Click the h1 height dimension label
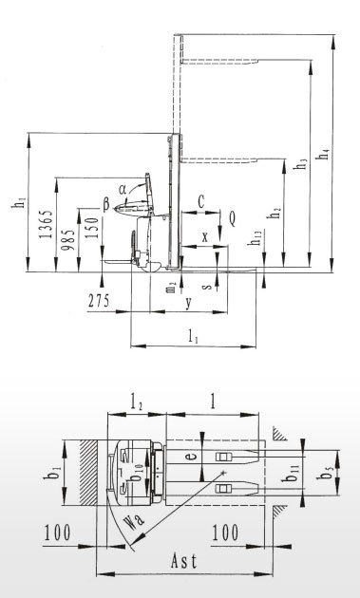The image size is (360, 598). [19, 202]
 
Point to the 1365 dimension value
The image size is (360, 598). [47, 224]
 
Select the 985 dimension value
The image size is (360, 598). [69, 240]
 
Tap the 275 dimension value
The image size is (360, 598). [99, 301]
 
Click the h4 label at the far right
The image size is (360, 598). [324, 155]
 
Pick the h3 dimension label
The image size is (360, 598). [302, 164]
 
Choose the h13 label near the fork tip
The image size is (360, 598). [254, 237]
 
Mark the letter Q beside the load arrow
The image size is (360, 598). [232, 219]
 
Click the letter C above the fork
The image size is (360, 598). [201, 202]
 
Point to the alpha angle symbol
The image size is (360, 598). [123, 189]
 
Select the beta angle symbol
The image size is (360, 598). [106, 204]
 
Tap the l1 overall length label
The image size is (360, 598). [194, 337]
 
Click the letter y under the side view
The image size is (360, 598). [189, 303]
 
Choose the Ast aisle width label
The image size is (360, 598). [184, 561]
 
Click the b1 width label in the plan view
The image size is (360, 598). [56, 473]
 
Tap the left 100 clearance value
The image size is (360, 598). [57, 533]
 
